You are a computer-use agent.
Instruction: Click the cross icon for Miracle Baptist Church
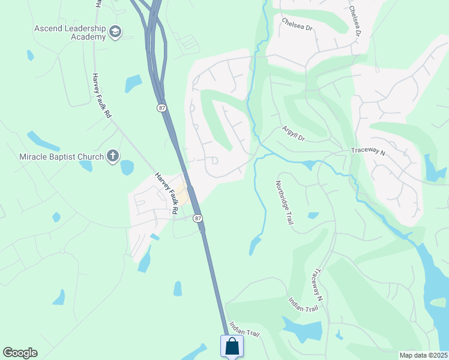(x=112, y=157)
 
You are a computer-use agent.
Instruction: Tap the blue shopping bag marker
(x=232, y=346)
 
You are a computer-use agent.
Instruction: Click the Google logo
(x=20, y=353)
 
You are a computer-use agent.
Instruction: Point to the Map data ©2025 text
(x=424, y=355)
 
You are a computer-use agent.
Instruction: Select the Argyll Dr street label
(x=294, y=133)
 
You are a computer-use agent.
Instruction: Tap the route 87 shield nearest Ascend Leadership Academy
(x=161, y=107)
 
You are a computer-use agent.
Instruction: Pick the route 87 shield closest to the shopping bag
(x=198, y=218)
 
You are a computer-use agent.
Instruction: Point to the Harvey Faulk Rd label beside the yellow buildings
(x=167, y=193)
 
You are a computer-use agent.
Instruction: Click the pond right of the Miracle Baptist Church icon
(x=127, y=167)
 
